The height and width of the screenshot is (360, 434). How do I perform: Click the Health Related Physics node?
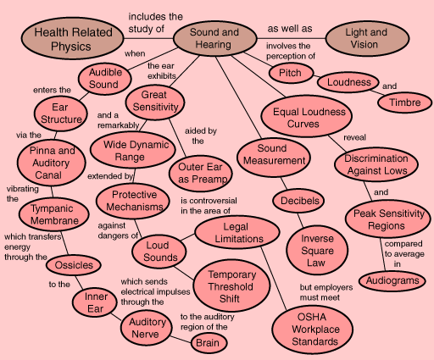point(72,38)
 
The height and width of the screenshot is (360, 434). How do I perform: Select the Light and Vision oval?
point(367,38)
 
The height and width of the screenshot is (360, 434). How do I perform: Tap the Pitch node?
point(292,73)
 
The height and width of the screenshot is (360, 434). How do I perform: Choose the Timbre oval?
point(405,102)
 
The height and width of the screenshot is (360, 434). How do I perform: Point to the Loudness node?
point(348,82)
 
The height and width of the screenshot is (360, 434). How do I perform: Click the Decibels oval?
point(298,201)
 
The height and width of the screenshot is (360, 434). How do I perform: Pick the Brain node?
point(209,343)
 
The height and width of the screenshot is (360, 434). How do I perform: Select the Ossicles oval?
point(74,265)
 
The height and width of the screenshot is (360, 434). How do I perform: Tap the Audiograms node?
point(392,280)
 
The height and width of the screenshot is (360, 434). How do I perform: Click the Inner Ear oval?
point(95,302)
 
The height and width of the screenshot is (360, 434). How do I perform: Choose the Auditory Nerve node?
point(147,328)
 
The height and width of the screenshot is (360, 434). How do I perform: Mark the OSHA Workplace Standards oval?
point(313,330)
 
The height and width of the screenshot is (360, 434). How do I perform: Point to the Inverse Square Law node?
point(317,251)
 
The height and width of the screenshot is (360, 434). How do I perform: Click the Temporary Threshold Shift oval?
point(231,285)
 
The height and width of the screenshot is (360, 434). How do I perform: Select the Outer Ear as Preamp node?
point(201,174)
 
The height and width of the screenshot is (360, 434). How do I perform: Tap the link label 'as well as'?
point(290,29)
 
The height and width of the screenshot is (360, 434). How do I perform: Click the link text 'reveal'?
point(354,137)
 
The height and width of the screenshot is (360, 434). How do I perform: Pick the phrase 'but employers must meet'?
point(326,292)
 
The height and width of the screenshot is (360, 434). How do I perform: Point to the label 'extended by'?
point(110,176)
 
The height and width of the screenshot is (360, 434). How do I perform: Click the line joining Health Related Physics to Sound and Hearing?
point(148,38)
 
